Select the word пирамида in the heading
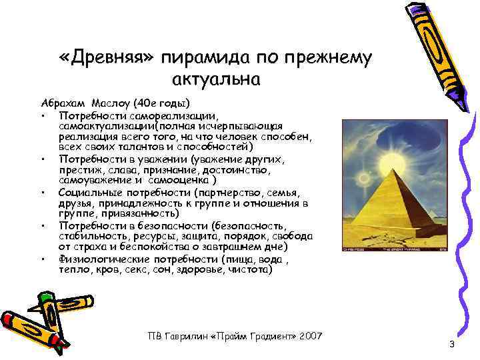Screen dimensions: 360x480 pos(204,58)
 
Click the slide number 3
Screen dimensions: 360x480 pos(451,344)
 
